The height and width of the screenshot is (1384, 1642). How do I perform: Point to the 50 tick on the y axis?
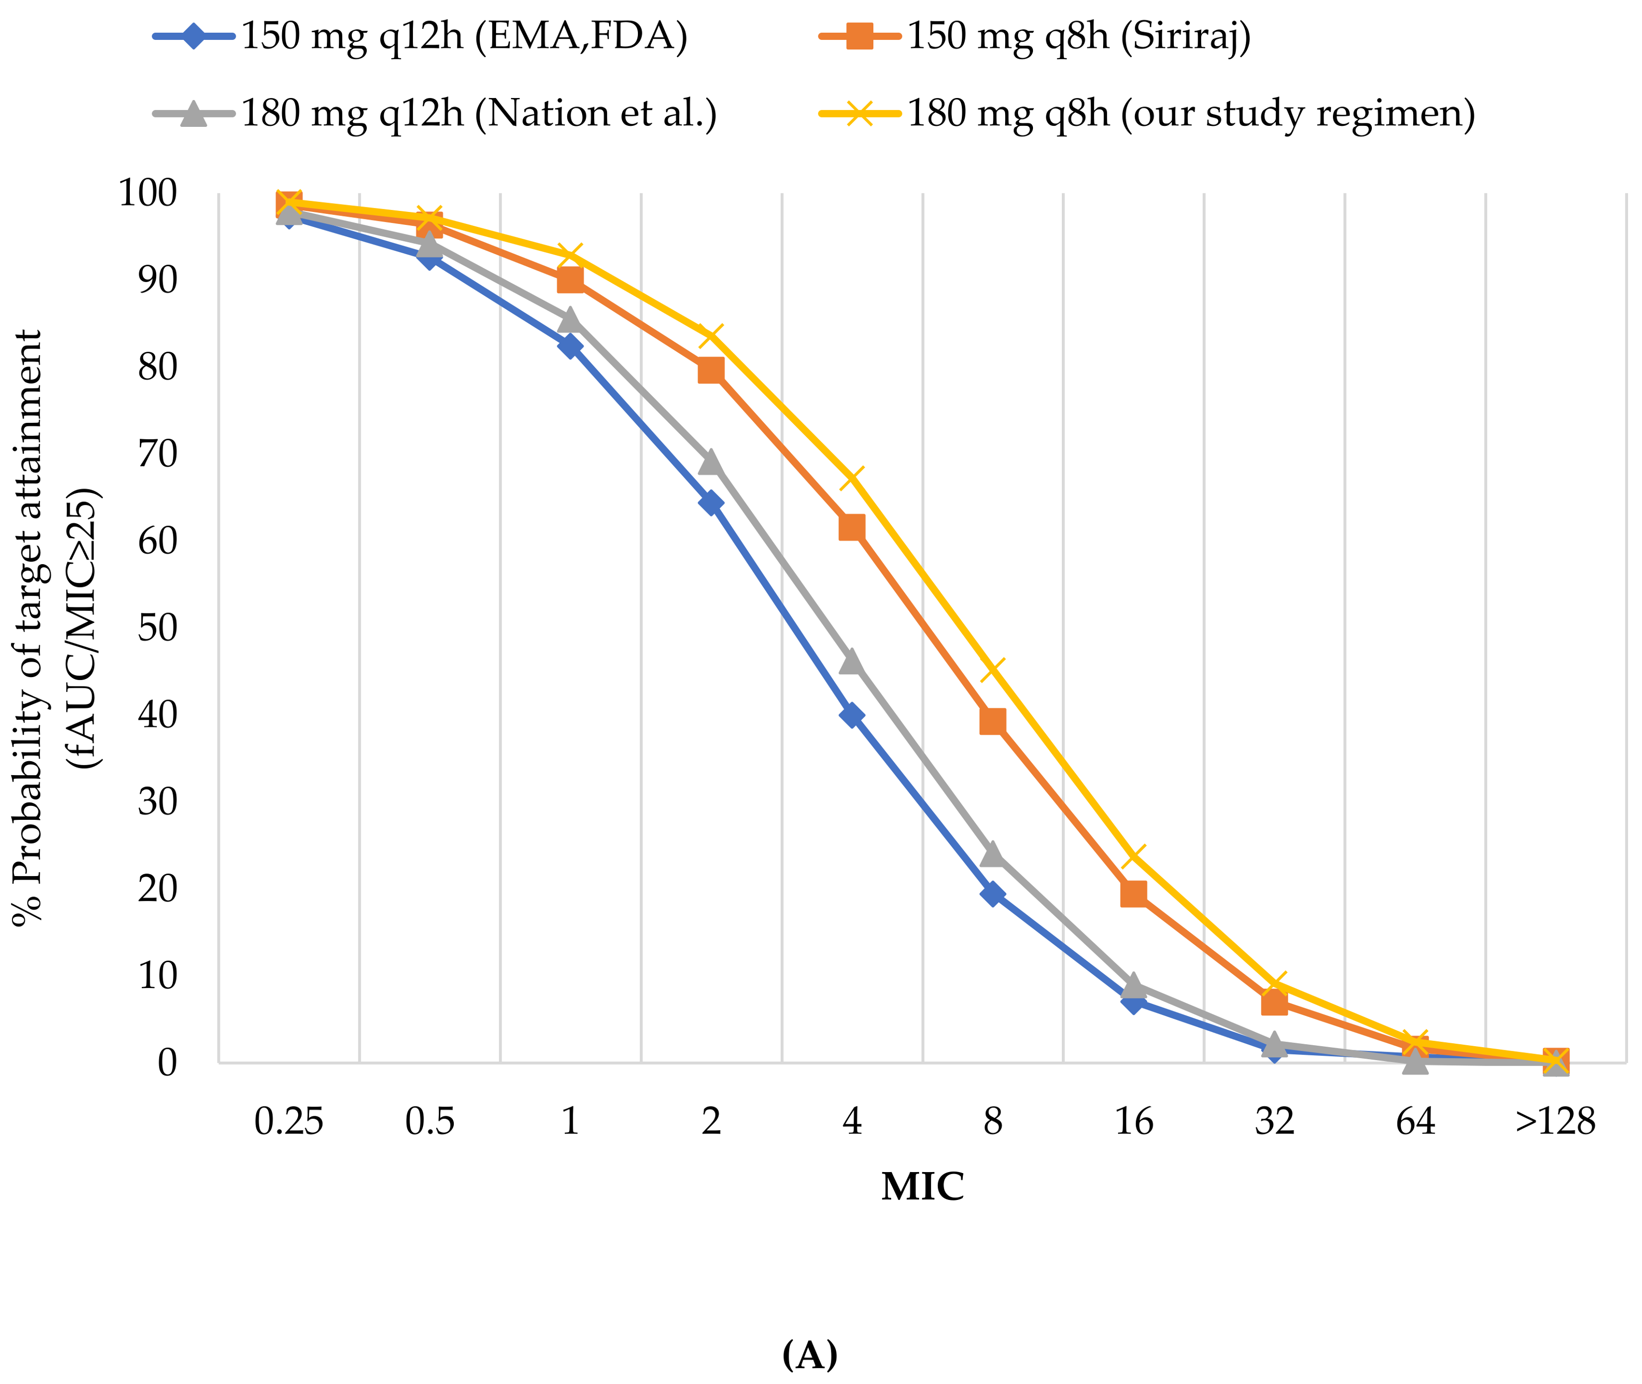[157, 628]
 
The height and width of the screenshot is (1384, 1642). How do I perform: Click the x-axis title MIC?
[922, 1186]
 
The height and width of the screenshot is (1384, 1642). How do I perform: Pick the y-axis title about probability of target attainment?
[55, 628]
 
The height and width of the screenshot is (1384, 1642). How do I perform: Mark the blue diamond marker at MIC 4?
[852, 715]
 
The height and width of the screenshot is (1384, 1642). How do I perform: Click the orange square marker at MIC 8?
[993, 721]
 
